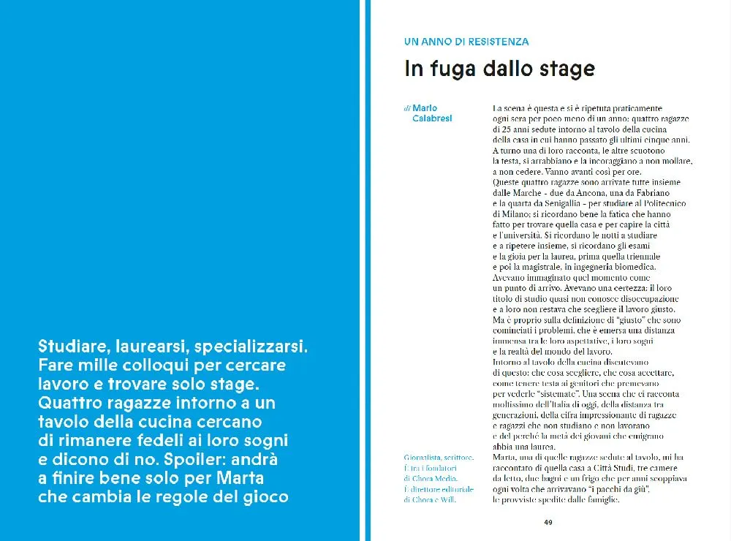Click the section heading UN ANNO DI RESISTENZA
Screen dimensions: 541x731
tap(466, 42)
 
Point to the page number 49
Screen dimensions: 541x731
tap(548, 522)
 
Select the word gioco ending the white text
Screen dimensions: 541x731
tap(265, 497)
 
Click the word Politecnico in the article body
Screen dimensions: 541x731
tap(660, 203)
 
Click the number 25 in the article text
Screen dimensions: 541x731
tap(507, 129)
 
